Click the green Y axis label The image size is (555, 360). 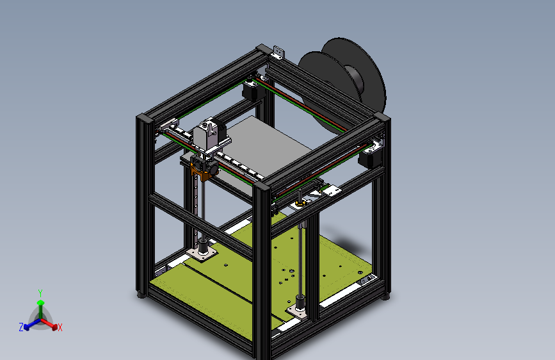[x=40, y=292]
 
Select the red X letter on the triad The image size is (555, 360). [x=60, y=327]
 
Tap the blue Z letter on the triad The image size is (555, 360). [x=20, y=327]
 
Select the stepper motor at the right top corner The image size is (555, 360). [x=371, y=156]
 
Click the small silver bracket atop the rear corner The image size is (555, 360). [x=277, y=50]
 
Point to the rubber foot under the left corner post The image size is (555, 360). [x=141, y=295]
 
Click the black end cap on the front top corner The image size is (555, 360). [x=262, y=187]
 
